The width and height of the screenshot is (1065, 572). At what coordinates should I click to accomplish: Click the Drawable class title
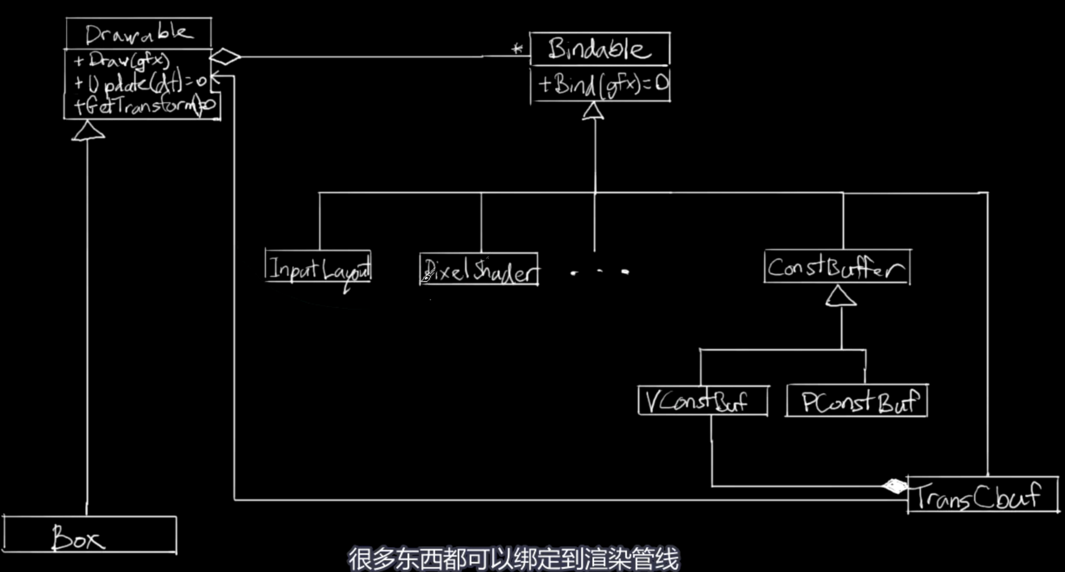138,34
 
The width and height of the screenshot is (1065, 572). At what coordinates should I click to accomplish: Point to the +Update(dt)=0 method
140,84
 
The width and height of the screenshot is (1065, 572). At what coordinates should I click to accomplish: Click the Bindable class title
599,50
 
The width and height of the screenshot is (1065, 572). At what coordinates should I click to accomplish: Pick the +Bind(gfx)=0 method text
602,85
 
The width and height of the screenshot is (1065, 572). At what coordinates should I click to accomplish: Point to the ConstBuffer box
837,267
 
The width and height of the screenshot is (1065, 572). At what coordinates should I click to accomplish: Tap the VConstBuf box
702,401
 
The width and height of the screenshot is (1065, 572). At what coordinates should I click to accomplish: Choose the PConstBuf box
856,401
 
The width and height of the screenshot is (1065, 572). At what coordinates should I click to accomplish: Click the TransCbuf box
982,495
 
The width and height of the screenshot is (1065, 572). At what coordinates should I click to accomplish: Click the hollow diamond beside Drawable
225,56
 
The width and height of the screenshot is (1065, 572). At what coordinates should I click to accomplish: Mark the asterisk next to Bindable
517,49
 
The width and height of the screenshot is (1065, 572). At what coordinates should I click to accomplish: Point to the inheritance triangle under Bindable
593,111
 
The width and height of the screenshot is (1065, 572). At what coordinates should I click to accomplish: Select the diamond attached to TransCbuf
894,487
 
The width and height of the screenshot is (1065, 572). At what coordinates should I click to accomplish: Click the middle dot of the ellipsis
600,271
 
